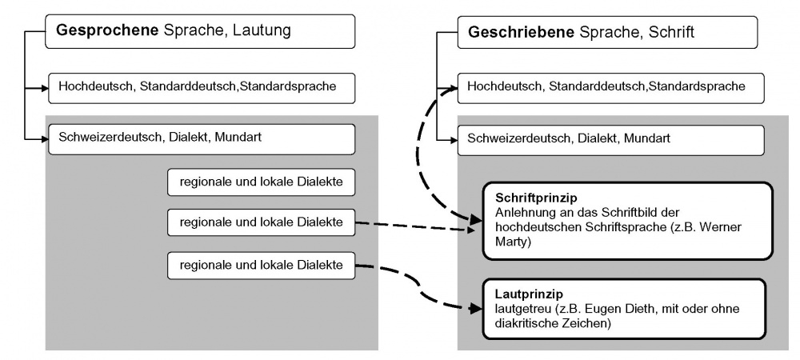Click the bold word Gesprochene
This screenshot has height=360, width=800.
(x=106, y=31)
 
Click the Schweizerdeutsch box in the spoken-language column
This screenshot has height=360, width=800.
(x=200, y=138)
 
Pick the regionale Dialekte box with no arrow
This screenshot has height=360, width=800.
(x=261, y=182)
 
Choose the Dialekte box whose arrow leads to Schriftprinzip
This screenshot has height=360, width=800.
(x=261, y=222)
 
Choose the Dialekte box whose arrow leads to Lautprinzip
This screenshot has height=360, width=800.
(x=261, y=264)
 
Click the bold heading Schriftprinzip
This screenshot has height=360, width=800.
(x=536, y=197)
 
